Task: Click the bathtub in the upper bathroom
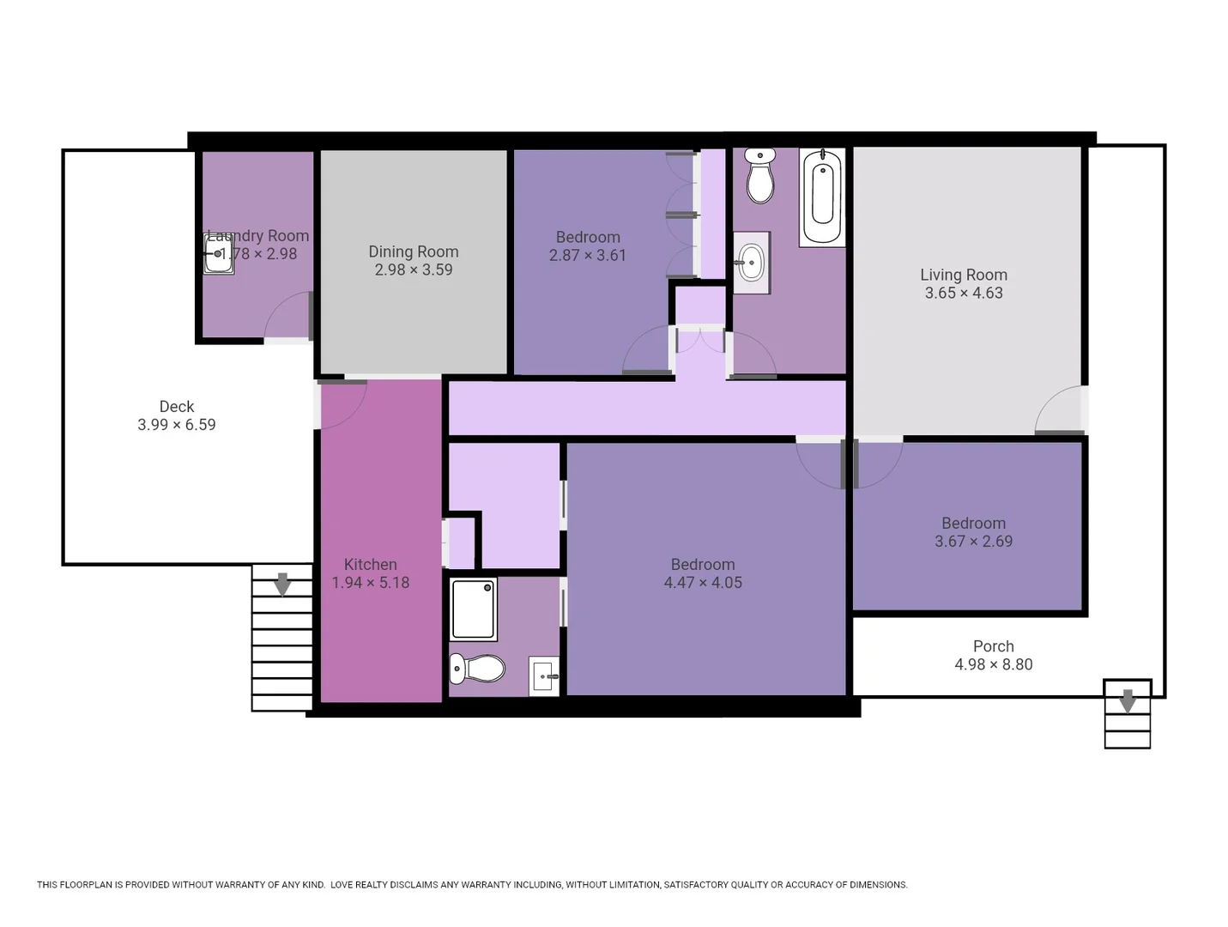(822, 197)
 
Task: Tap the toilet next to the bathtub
(760, 176)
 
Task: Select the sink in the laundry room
(218, 254)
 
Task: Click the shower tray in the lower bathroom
(474, 609)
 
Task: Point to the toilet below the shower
(478, 669)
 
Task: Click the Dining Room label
(413, 251)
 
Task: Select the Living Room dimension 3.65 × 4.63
(963, 293)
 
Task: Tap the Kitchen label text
(370, 564)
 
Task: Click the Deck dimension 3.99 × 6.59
(176, 425)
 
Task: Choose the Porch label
(993, 646)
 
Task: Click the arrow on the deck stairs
(281, 585)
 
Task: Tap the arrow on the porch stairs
(1128, 700)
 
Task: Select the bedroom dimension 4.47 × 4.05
(702, 582)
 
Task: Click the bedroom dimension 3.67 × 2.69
(973, 542)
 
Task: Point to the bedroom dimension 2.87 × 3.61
(587, 255)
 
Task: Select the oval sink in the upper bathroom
(752, 263)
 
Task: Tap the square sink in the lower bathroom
(544, 676)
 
